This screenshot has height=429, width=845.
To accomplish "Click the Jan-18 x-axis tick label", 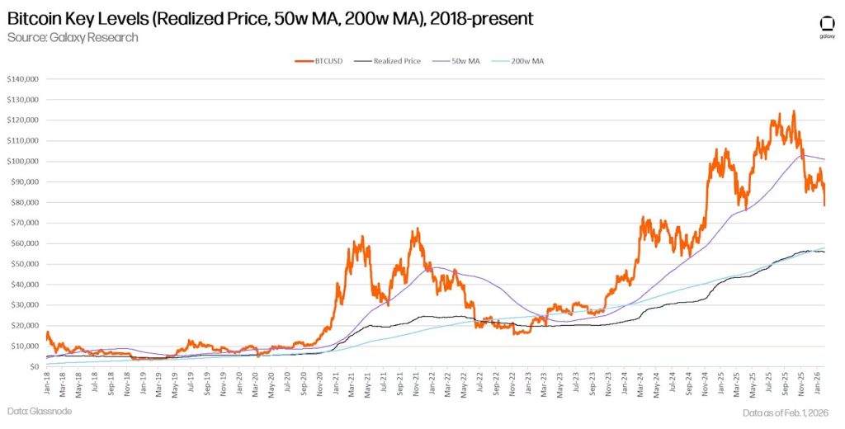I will click(x=47, y=383).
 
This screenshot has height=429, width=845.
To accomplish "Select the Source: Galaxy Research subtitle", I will click(x=73, y=37).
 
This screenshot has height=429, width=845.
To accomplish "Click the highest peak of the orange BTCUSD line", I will click(x=794, y=111).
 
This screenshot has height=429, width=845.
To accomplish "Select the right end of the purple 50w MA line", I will click(x=824, y=159).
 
